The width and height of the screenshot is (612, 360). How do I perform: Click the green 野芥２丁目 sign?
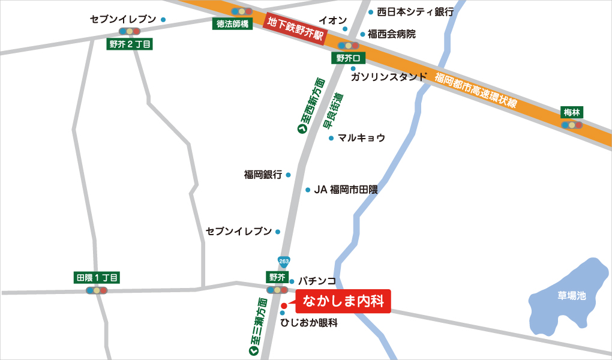click(x=130, y=44)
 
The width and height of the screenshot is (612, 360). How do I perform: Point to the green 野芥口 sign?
click(x=347, y=58)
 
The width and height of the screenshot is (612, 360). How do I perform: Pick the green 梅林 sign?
click(x=572, y=112)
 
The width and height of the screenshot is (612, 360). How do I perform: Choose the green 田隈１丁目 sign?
click(x=97, y=278)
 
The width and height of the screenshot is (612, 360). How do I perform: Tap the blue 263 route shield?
click(x=284, y=261)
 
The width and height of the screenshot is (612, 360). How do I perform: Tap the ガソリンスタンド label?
click(x=389, y=77)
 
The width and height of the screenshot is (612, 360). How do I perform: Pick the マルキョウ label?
click(x=361, y=138)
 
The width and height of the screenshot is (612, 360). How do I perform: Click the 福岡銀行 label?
click(x=263, y=175)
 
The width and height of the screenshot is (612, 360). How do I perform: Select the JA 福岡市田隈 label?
click(x=346, y=190)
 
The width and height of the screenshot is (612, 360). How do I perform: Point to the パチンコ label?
click(x=317, y=281)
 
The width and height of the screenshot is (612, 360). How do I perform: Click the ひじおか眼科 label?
click(x=309, y=323)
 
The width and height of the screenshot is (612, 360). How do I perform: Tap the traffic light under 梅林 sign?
click(x=572, y=125)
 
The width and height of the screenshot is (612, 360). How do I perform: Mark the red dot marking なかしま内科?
click(x=284, y=305)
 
